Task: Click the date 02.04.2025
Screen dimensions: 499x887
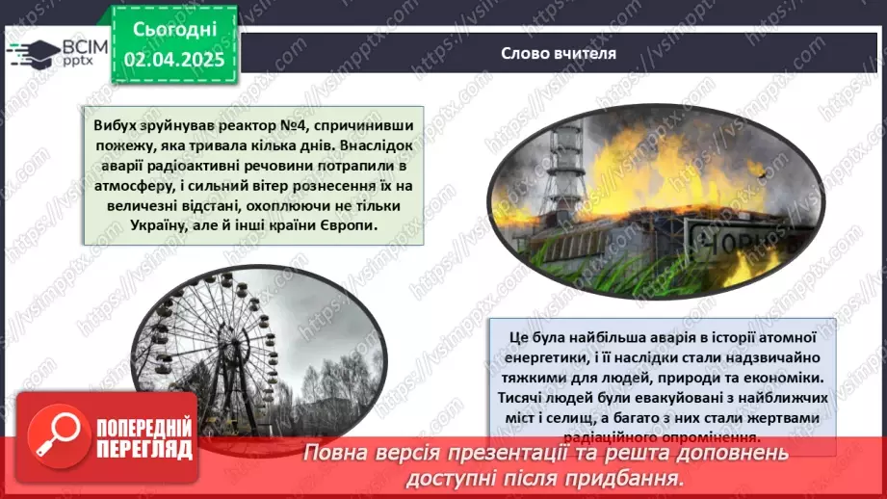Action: coord(175,60)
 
